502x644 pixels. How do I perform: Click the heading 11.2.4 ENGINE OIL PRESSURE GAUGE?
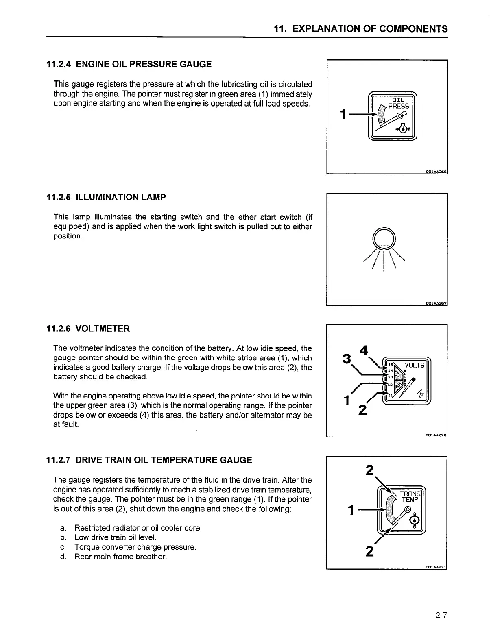129,64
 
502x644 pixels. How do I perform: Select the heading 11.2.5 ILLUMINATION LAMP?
106,197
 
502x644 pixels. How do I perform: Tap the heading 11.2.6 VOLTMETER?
88,329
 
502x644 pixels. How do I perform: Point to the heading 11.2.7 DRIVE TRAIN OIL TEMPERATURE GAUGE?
149,460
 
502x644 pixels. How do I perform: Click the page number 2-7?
441,615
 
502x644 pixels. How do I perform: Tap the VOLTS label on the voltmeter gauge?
415,365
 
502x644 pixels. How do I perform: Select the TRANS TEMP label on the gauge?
410,496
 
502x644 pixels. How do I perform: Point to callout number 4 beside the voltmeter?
364,350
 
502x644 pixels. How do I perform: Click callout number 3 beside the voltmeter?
347,359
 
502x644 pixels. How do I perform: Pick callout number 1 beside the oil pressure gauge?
344,114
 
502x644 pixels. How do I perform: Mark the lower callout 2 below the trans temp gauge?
369,551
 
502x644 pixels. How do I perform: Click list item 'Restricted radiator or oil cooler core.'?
138,528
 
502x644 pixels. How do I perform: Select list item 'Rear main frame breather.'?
120,557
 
